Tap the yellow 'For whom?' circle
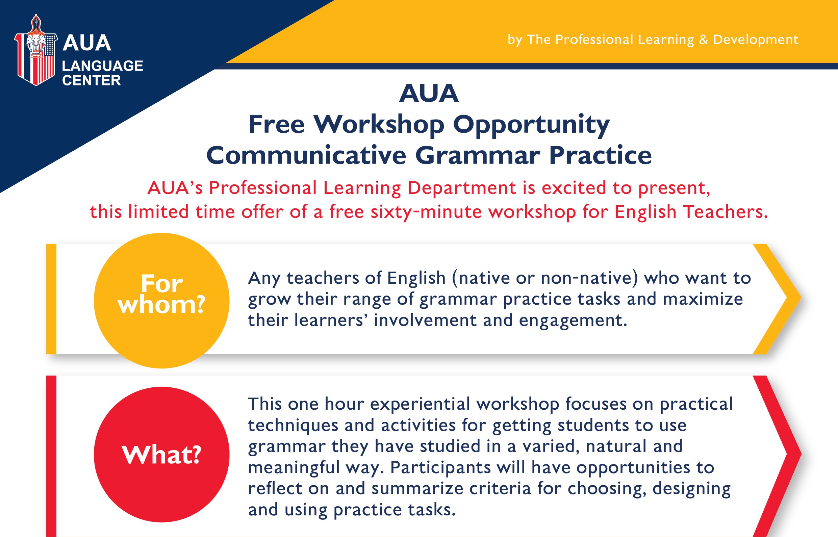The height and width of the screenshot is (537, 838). [161, 301]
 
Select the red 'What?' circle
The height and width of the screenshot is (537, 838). [161, 454]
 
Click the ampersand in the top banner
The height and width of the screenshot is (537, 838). [703, 40]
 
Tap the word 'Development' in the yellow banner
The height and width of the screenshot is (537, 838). [756, 40]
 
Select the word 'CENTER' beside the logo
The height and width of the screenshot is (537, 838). [92, 80]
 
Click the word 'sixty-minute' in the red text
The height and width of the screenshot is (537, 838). [426, 212]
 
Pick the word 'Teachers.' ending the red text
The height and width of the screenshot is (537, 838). [726, 212]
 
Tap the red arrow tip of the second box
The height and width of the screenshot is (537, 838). [801, 454]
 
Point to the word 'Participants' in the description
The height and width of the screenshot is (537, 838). [440, 468]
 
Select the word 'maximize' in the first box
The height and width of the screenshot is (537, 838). [703, 299]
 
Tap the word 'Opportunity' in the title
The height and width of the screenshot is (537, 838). [531, 125]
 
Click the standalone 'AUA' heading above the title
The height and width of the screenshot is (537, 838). [429, 94]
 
